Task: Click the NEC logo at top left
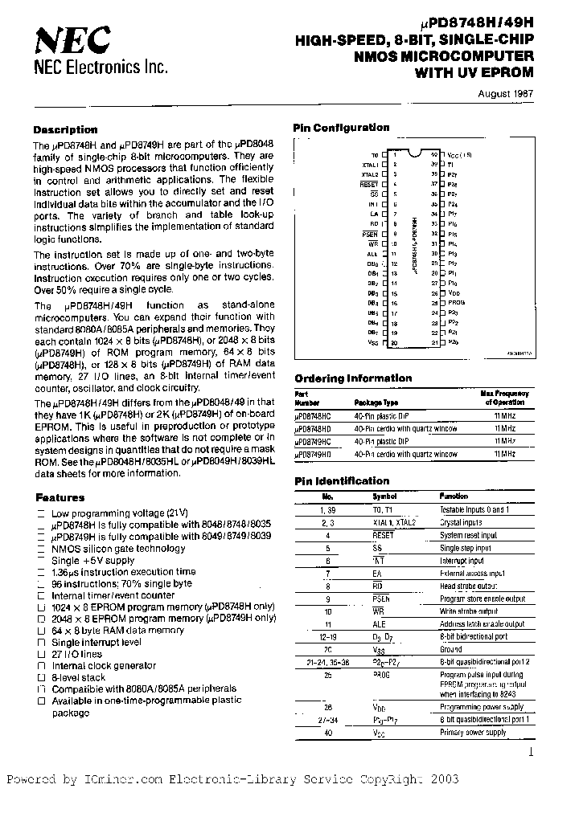pyautogui.click(x=72, y=38)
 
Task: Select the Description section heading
pyautogui.click(x=65, y=129)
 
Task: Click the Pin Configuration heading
pyautogui.click(x=341, y=128)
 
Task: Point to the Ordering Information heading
pyautogui.click(x=353, y=378)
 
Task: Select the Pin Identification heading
pyautogui.click(x=342, y=481)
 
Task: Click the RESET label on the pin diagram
pyautogui.click(x=369, y=184)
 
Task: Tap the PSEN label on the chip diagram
pyautogui.click(x=370, y=233)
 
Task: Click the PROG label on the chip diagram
pyautogui.click(x=457, y=302)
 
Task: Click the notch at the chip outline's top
pyautogui.click(x=416, y=150)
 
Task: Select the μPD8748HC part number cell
pyautogui.click(x=314, y=416)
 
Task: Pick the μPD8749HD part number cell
pyautogui.click(x=314, y=454)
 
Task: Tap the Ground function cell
pyautogui.click(x=451, y=649)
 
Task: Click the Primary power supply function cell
pyautogui.click(x=474, y=732)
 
